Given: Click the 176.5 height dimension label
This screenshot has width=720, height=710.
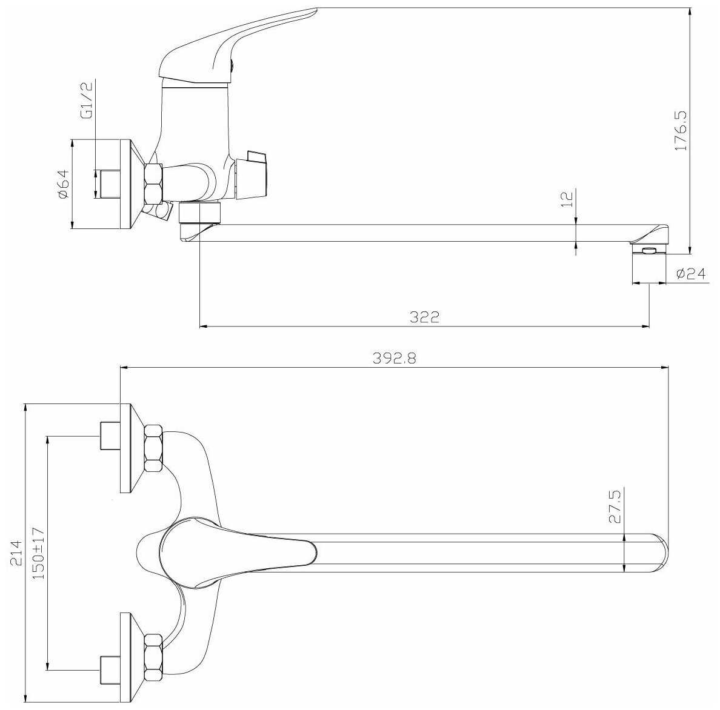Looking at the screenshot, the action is coord(681,130).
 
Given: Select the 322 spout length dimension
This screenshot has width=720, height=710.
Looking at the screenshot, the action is coord(425,317).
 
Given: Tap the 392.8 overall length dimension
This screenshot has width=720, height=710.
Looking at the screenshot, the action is coord(395,358).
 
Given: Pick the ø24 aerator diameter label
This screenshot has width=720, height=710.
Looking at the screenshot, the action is coord(691,274).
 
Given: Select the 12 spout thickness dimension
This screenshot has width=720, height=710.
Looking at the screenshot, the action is coord(568,199).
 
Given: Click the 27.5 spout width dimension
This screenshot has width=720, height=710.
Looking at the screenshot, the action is coord(615,506).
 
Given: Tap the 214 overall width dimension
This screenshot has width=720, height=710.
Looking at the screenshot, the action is coord(16,552).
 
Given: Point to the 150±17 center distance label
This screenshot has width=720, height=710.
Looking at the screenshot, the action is coord(39,552).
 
